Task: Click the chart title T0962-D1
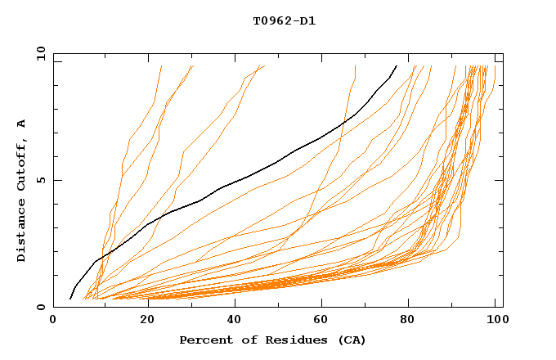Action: point(284,20)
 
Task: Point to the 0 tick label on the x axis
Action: point(53,321)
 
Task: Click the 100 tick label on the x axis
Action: point(495,321)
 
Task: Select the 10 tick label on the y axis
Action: point(39,54)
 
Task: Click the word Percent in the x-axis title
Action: point(204,340)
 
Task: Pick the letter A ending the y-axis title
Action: point(21,124)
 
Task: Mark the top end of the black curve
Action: point(397,65)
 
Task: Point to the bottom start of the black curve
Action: point(71,299)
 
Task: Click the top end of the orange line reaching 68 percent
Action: point(355,65)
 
